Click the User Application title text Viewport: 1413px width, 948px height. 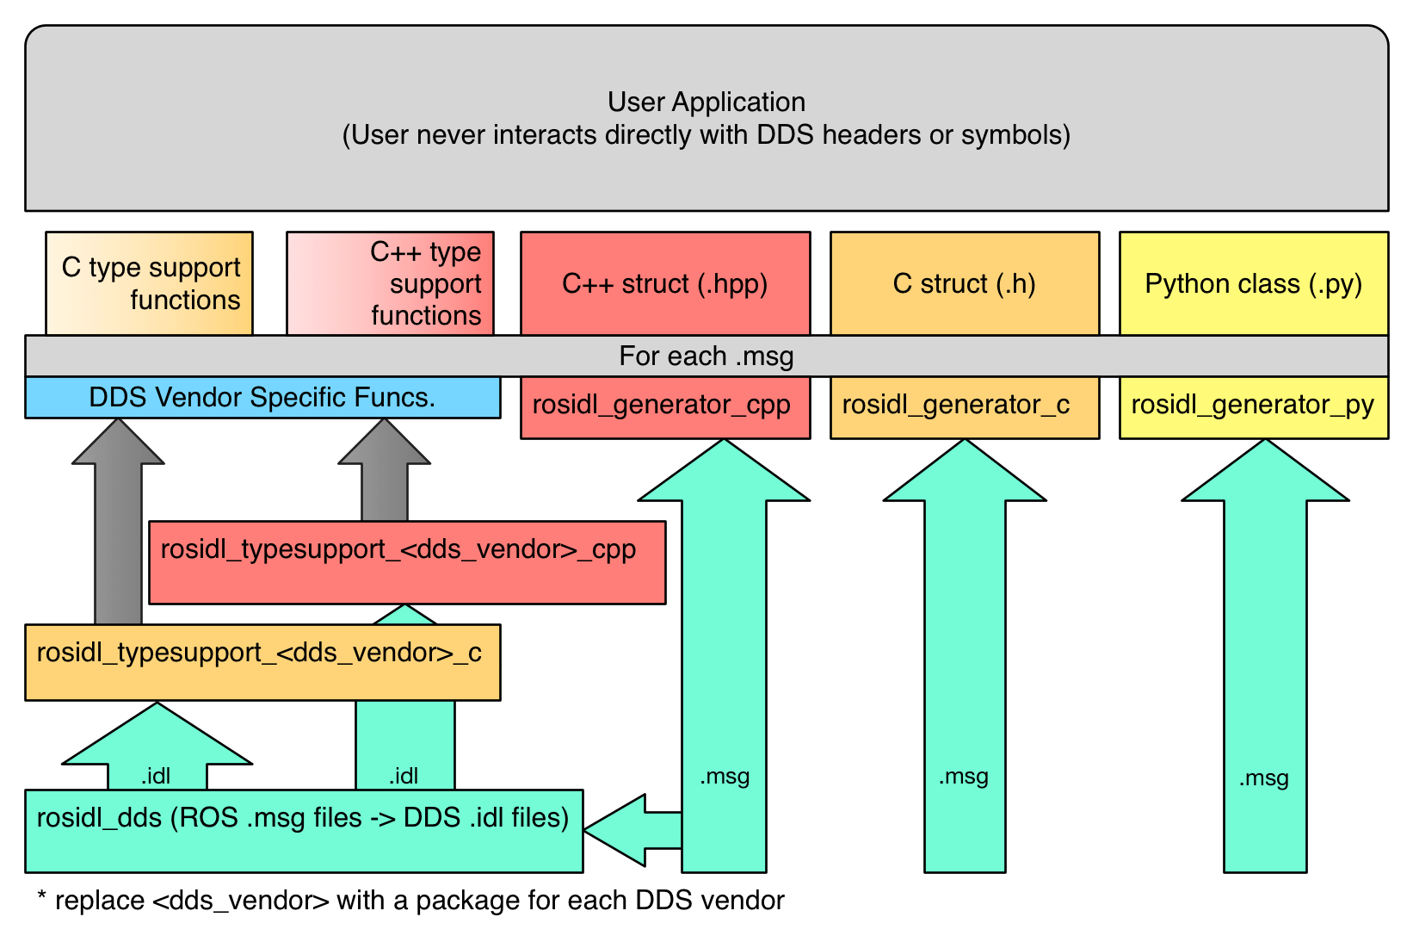706,102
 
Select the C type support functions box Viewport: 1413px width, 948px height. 149,283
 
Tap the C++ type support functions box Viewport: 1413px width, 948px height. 390,283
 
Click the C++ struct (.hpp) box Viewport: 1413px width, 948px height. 664,283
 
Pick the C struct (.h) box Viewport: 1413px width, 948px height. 964,283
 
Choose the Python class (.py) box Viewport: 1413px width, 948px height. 1253,283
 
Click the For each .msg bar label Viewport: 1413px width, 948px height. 706,356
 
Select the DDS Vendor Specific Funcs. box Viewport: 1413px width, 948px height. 262,397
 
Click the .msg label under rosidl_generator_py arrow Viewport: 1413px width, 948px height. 1263,778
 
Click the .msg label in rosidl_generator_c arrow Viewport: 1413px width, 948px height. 963,777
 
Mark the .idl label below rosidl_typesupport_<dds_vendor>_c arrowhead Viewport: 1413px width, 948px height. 156,776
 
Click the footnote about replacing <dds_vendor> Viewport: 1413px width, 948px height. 410,901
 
